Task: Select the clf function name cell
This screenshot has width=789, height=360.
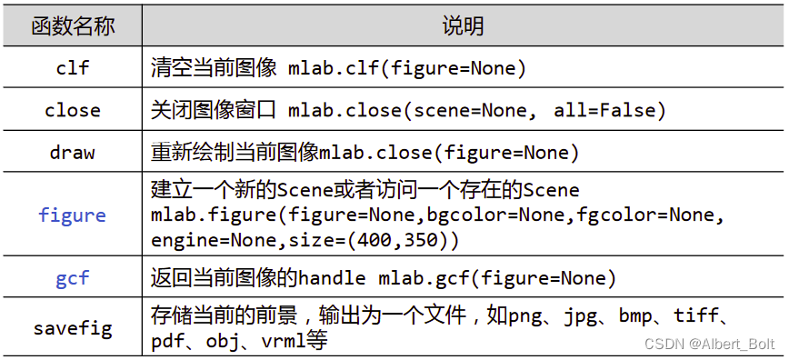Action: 73,68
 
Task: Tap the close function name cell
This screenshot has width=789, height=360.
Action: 73,110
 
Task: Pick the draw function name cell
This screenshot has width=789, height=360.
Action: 73,152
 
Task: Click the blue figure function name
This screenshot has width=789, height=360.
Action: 73,215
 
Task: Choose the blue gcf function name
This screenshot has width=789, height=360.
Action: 73,278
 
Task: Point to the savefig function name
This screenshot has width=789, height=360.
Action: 73,328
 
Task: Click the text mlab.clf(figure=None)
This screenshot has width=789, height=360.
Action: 407,68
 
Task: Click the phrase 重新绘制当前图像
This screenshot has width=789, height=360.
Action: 235,152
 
